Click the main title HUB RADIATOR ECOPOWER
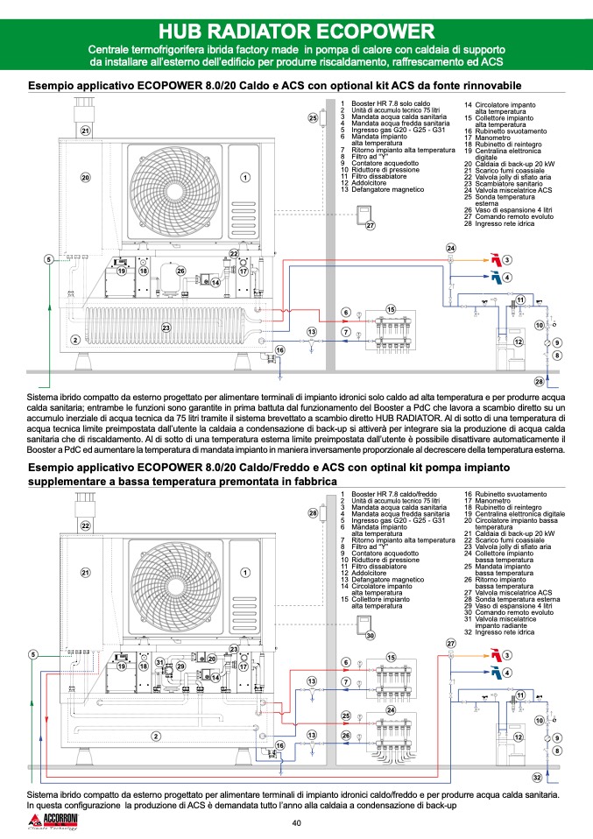coord(296,32)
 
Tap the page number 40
coord(296,822)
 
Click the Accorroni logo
coord(55,821)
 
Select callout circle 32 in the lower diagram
coord(538,778)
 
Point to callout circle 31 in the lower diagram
coord(160,662)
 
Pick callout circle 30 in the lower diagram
coord(370,635)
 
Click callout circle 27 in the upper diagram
coord(370,225)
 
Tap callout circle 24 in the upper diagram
coord(451,248)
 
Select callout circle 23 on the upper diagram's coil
coord(166,327)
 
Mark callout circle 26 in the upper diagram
coord(180,271)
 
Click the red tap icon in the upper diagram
coord(493,260)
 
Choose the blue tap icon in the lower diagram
coord(493,673)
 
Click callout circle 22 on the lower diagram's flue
coord(86,525)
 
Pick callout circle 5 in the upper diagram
coord(49,259)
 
